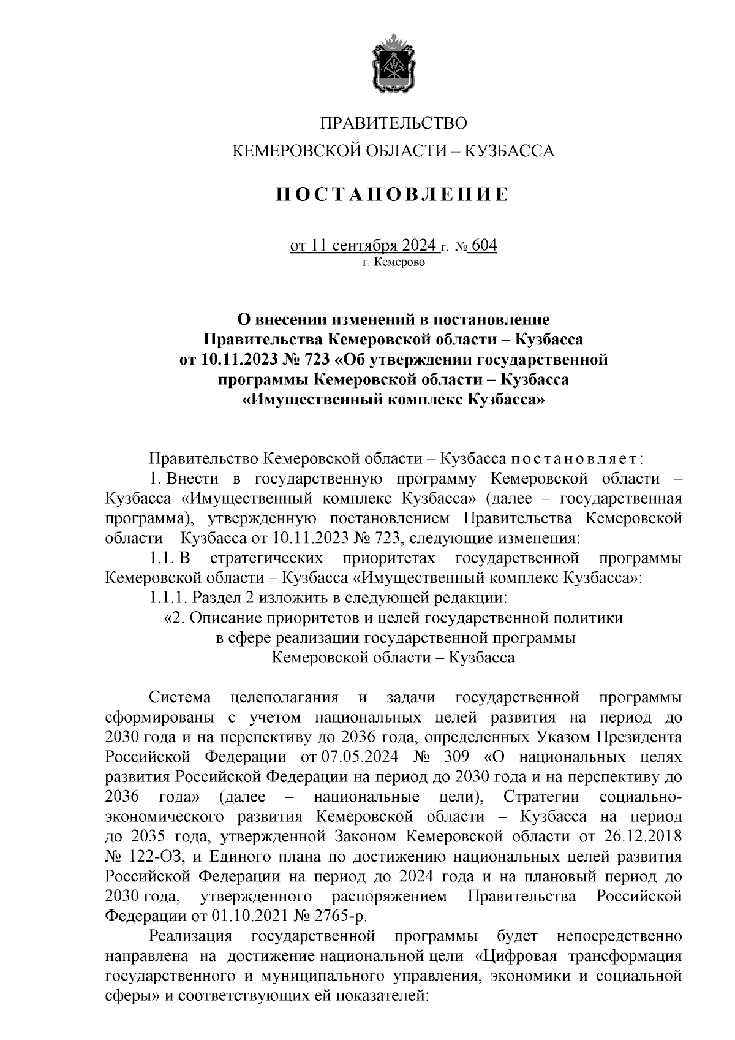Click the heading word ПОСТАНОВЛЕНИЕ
pyautogui.click(x=392, y=195)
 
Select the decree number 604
pyautogui.click(x=484, y=246)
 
